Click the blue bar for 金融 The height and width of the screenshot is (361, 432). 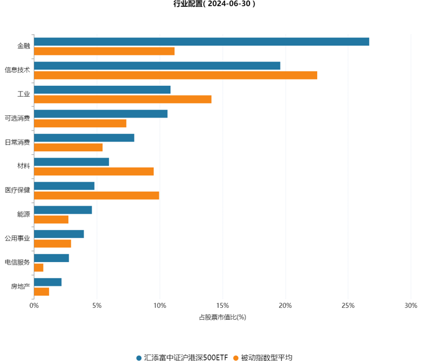point(201,42)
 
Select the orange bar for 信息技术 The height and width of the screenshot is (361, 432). point(175,75)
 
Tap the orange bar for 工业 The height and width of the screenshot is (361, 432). point(123,99)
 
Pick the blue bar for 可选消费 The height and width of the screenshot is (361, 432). point(101,114)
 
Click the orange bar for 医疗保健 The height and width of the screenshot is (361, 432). point(96,195)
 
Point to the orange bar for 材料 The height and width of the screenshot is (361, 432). point(94,171)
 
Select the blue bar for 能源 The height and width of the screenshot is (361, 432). point(63,210)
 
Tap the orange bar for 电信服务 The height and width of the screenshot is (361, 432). point(38,267)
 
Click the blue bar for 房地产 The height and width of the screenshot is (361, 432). point(47,282)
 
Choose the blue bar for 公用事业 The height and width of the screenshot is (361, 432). point(59,234)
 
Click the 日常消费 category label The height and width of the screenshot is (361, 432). point(17,142)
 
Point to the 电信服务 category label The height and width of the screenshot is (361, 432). point(17,262)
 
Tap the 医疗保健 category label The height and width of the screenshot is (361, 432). point(17,190)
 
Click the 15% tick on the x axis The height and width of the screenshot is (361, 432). point(223,306)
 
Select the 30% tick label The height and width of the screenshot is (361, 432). point(411,306)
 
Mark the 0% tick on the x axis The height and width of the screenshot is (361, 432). point(34,306)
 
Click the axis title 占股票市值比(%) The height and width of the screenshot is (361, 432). point(223,317)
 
